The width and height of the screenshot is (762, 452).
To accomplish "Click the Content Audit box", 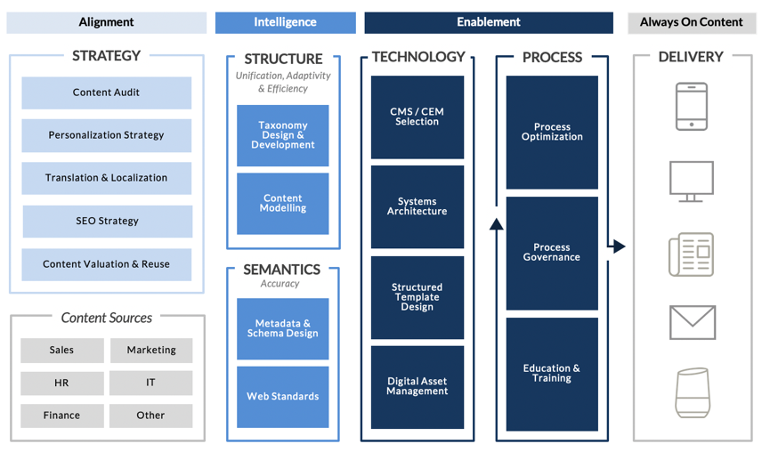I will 106,93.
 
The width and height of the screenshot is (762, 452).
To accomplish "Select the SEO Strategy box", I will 107,221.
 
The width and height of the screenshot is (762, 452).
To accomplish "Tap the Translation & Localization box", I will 106,178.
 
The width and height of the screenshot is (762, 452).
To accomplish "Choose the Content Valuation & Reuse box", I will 106,264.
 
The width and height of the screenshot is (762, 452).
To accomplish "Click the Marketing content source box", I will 151,351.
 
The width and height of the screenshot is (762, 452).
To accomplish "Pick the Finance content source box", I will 61,416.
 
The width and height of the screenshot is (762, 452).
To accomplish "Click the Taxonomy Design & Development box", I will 282,135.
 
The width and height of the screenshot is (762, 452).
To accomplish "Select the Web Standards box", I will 282,397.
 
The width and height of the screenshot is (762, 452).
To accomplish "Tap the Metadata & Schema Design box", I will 282,328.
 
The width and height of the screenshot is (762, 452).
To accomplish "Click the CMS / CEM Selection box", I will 417,117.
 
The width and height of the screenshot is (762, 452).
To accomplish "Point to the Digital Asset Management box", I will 417,386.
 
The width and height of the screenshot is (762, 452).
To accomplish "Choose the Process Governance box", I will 552,253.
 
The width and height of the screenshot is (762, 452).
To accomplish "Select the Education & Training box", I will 552,373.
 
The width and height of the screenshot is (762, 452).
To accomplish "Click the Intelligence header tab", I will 285,22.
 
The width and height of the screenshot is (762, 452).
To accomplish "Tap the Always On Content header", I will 691,22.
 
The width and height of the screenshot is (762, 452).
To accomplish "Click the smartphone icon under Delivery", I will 692,107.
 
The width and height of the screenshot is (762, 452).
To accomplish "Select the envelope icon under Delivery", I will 692,322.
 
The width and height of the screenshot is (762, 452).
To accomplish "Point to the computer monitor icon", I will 692,182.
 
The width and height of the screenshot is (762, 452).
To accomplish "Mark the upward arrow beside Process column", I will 497,223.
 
